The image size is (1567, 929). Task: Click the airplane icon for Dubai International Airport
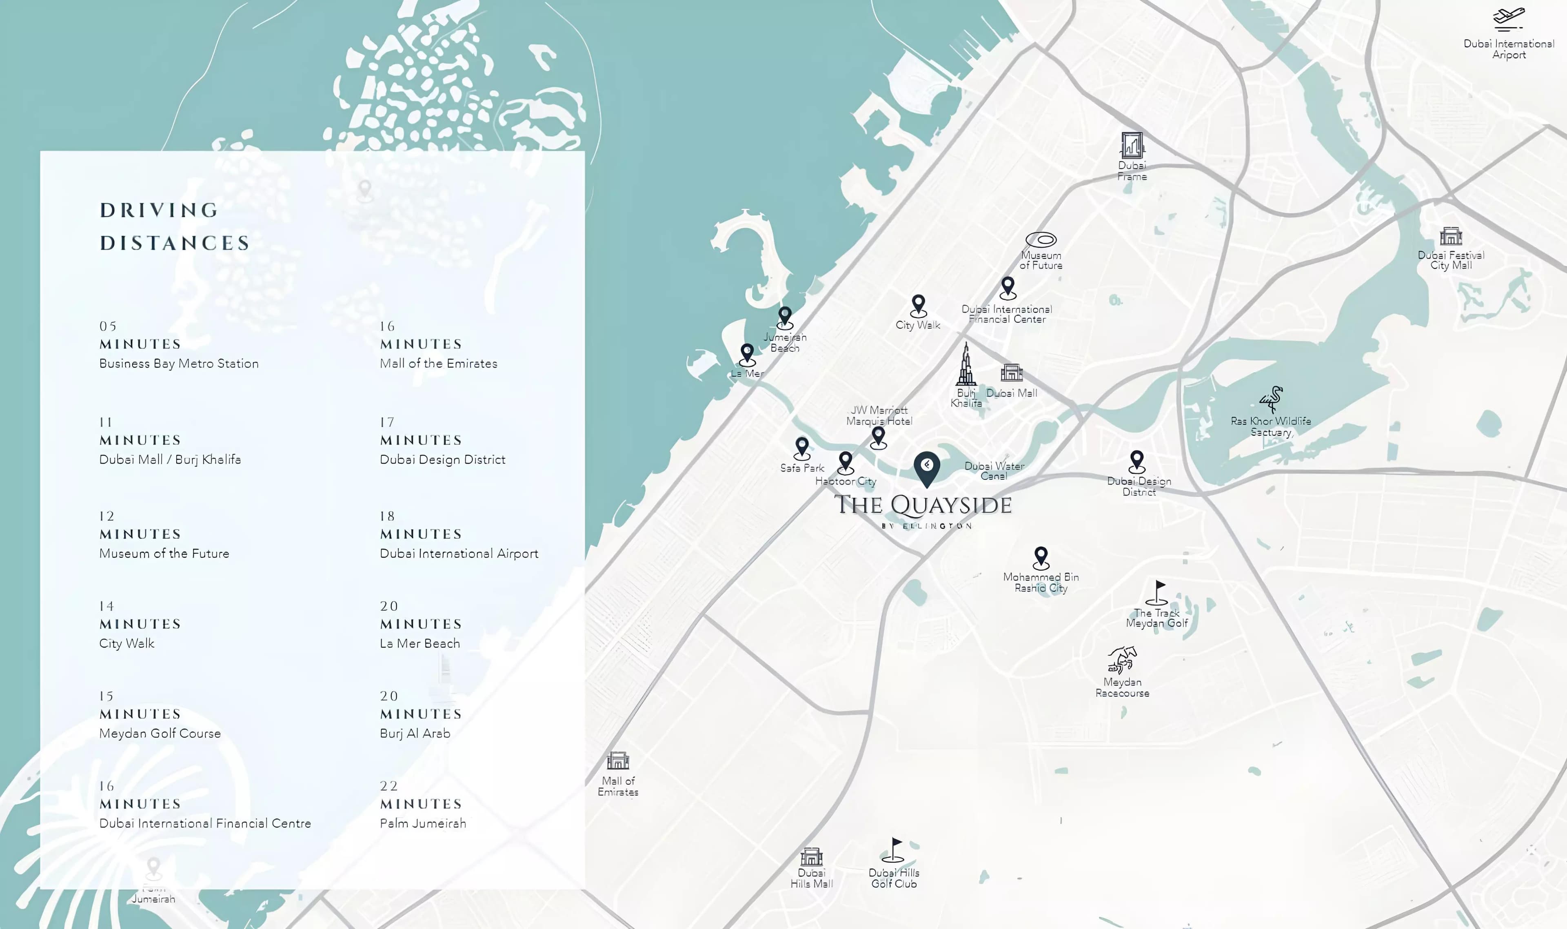[1508, 19]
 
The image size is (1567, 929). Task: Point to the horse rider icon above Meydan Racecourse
[1122, 660]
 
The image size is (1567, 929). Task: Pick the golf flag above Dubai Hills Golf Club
[894, 850]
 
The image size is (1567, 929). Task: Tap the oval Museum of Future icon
[1041, 240]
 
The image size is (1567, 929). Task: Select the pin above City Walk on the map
[918, 306]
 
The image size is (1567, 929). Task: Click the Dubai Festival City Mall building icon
[1451, 236]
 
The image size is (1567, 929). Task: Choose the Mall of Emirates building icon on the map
[617, 760]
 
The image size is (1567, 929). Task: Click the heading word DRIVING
[159, 211]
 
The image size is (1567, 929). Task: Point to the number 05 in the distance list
[108, 326]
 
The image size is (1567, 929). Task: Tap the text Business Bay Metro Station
[178, 364]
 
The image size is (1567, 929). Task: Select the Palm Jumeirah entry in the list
[423, 823]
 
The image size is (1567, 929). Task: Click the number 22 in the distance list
[389, 786]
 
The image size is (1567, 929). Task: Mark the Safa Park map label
[802, 468]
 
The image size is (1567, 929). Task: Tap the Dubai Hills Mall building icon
[811, 856]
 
